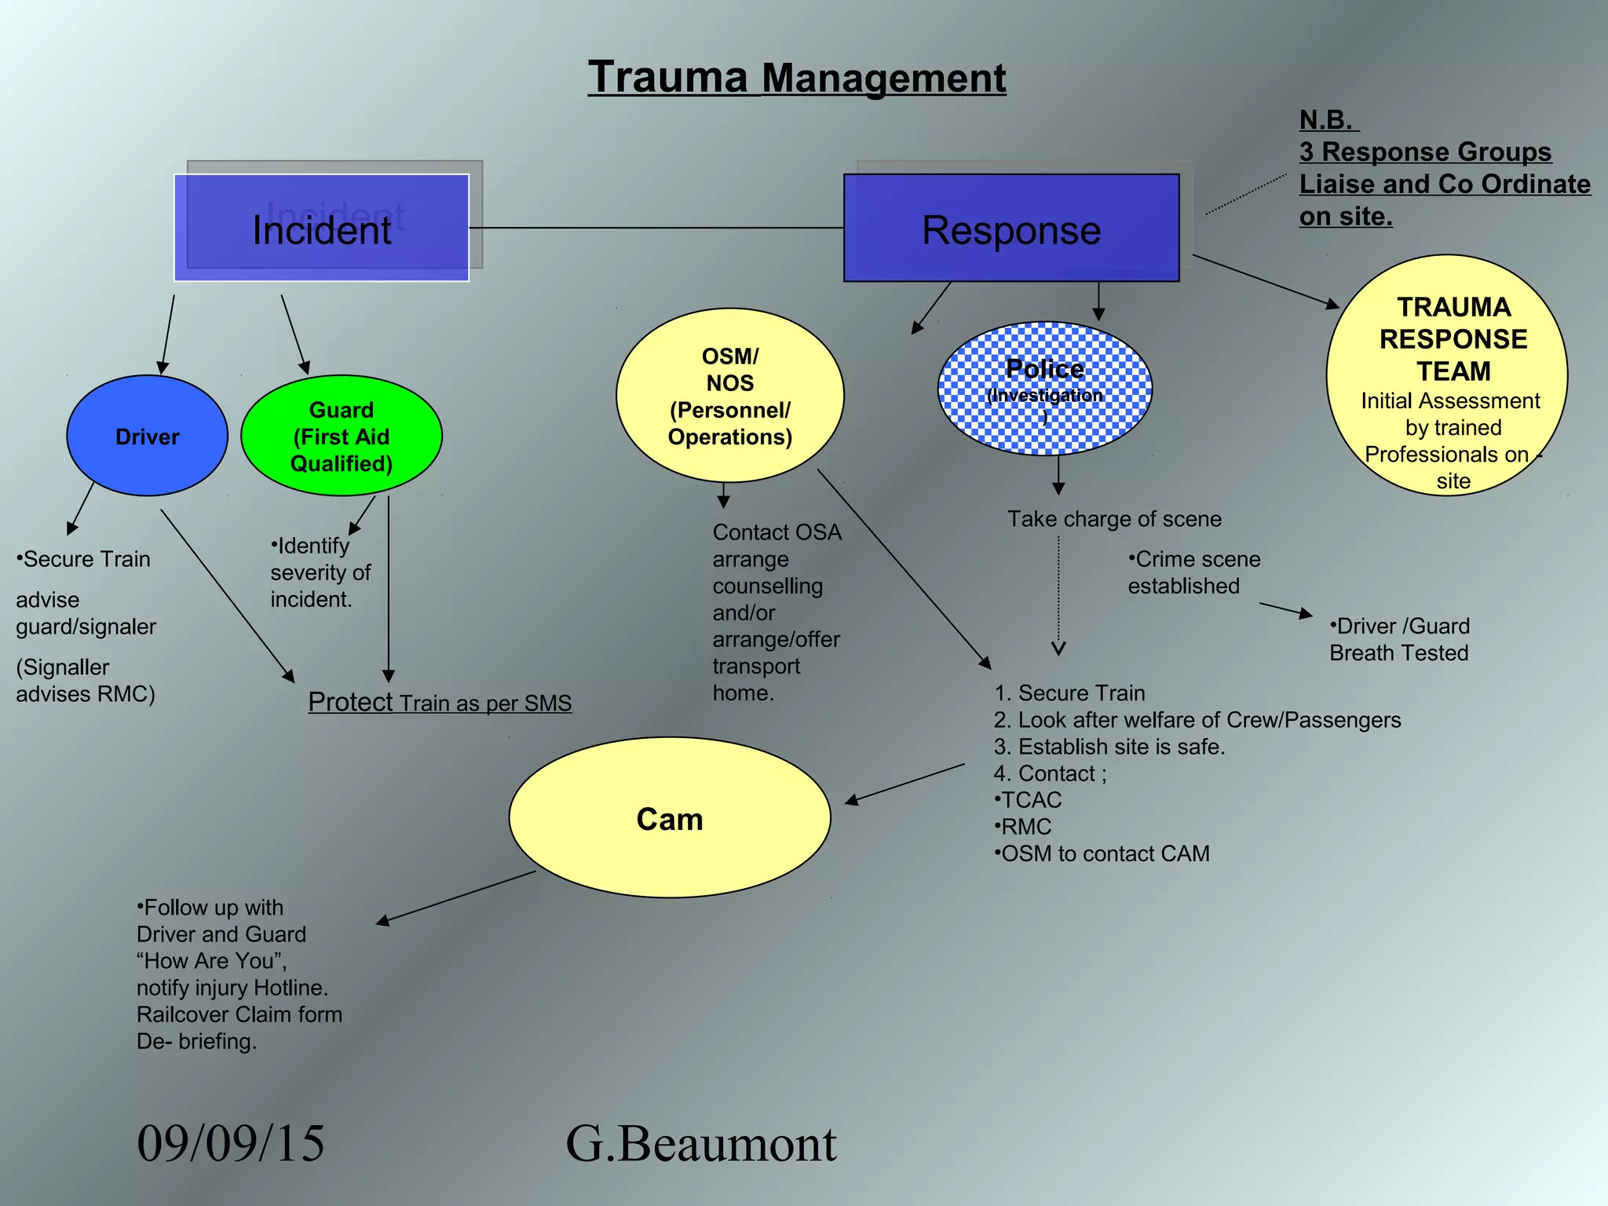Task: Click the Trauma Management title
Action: point(796,78)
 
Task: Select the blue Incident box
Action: point(321,228)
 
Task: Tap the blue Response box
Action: point(1010,228)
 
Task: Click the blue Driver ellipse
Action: point(147,437)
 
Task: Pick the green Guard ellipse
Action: point(341,437)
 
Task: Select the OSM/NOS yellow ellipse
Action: point(729,396)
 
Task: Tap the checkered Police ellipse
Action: point(1044,388)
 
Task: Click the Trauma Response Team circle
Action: point(1447,375)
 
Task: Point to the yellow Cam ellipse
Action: point(669,818)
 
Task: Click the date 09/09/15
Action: point(230,1143)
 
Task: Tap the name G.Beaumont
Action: point(700,1143)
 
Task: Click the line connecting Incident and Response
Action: point(656,228)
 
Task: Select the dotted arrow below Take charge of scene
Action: point(1058,597)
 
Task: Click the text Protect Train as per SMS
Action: point(440,703)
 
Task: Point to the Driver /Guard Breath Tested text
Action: point(1399,639)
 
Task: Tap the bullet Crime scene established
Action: point(1193,572)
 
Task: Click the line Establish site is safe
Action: point(1109,747)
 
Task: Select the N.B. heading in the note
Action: point(1327,120)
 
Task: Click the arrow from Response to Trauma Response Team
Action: point(1265,281)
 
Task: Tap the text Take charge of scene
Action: point(1114,519)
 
